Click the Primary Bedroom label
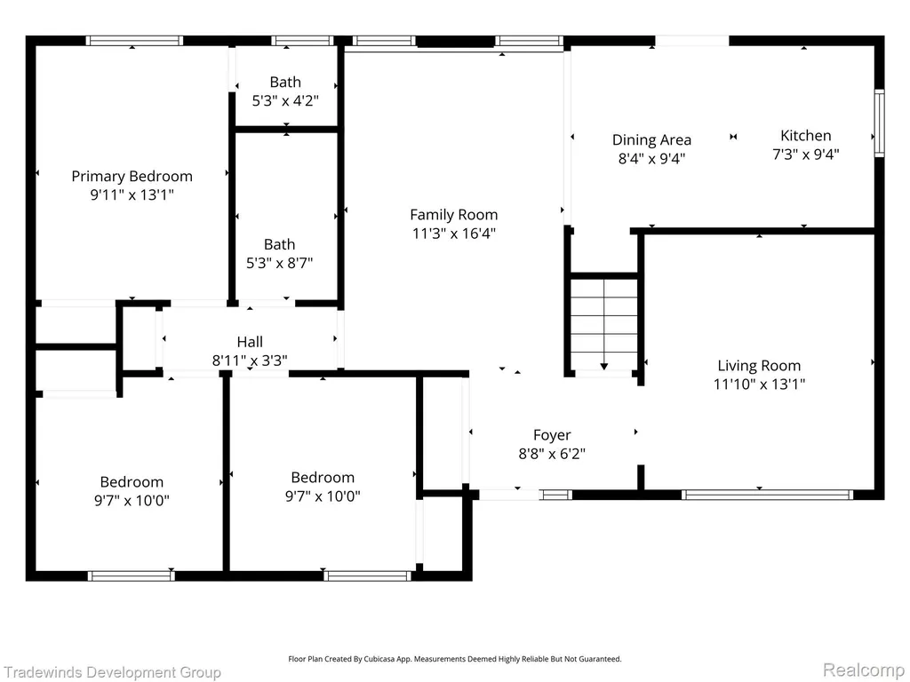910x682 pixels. [x=132, y=177]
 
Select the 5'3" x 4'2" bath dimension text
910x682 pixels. [x=285, y=101]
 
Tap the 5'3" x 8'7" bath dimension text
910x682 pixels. [x=279, y=263]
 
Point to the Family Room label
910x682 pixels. [x=454, y=215]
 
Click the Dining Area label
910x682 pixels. [x=651, y=140]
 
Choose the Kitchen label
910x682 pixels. [x=805, y=136]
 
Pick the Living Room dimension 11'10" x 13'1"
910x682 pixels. [x=759, y=384]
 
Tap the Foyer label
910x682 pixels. [x=552, y=435]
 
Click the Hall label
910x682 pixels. [x=250, y=342]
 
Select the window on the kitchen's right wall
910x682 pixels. [x=879, y=123]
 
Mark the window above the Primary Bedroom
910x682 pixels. [x=134, y=41]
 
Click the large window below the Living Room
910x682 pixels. [x=767, y=495]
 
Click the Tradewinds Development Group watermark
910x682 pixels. [x=111, y=673]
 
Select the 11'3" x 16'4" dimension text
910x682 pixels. [x=454, y=234]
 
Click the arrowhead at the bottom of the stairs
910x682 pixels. [x=603, y=367]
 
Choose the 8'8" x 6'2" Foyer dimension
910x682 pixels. [x=552, y=454]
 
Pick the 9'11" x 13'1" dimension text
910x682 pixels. [x=132, y=194]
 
